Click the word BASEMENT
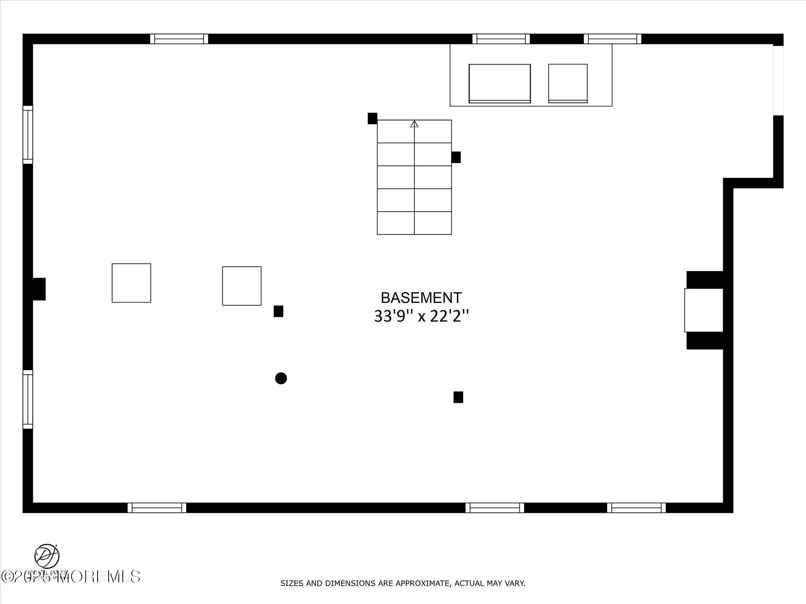[x=421, y=298]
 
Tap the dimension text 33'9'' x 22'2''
[x=421, y=316]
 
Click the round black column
[x=281, y=378]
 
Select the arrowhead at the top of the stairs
[x=414, y=124]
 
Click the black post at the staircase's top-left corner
[x=372, y=118]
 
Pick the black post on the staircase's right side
[x=456, y=157]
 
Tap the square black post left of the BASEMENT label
[x=278, y=311]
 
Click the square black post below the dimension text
[x=458, y=397]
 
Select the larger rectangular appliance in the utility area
[x=499, y=83]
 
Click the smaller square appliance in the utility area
[x=568, y=83]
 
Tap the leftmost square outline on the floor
[x=131, y=283]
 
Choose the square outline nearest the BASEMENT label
[x=242, y=286]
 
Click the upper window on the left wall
[x=28, y=134]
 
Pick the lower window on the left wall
[x=28, y=399]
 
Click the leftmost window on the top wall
[x=179, y=39]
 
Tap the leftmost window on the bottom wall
[x=157, y=508]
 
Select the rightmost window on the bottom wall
[x=636, y=508]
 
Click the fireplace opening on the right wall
[x=704, y=310]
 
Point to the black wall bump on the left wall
[x=39, y=289]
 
